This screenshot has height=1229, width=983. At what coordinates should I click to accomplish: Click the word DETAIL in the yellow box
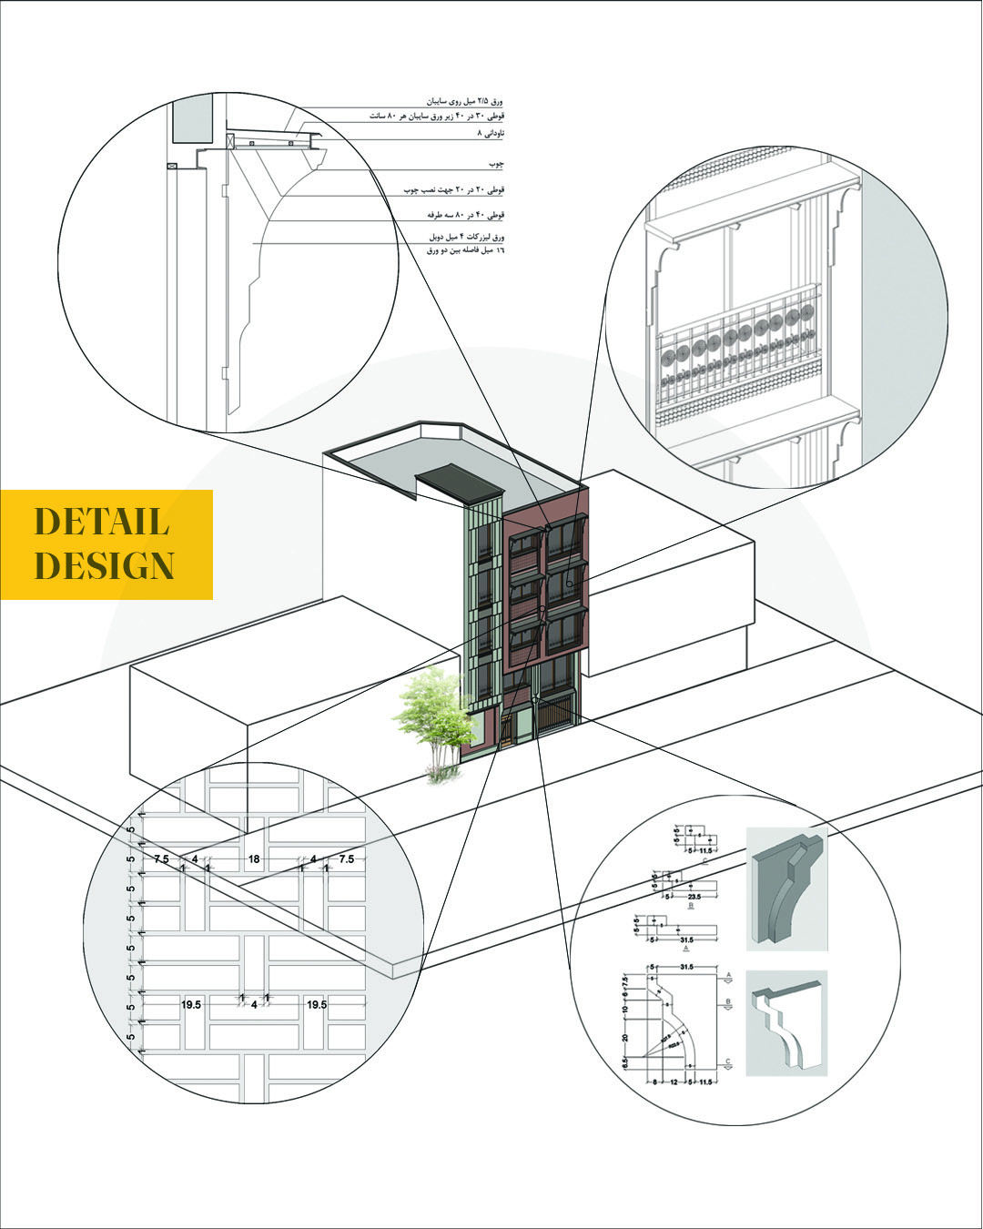pyautogui.click(x=102, y=522)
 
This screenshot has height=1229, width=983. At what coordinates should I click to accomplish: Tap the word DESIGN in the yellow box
pyautogui.click(x=105, y=565)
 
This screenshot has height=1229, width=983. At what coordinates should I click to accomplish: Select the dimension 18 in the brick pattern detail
pyautogui.click(x=254, y=859)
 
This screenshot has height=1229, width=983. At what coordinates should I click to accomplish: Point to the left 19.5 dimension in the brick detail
pyautogui.click(x=191, y=1005)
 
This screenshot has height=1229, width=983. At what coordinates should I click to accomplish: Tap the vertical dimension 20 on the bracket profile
pyautogui.click(x=624, y=1037)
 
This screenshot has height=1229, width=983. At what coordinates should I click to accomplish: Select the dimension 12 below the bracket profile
pyautogui.click(x=674, y=1082)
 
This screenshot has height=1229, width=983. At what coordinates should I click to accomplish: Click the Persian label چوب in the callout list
pyautogui.click(x=497, y=164)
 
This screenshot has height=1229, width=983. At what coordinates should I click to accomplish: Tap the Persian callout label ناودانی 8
pyautogui.click(x=491, y=133)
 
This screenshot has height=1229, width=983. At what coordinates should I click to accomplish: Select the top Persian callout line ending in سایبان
pyautogui.click(x=464, y=101)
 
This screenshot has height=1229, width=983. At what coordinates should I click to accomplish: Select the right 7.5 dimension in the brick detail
pyautogui.click(x=347, y=859)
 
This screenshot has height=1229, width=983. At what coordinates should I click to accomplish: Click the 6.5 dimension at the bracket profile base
pyautogui.click(x=624, y=1062)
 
